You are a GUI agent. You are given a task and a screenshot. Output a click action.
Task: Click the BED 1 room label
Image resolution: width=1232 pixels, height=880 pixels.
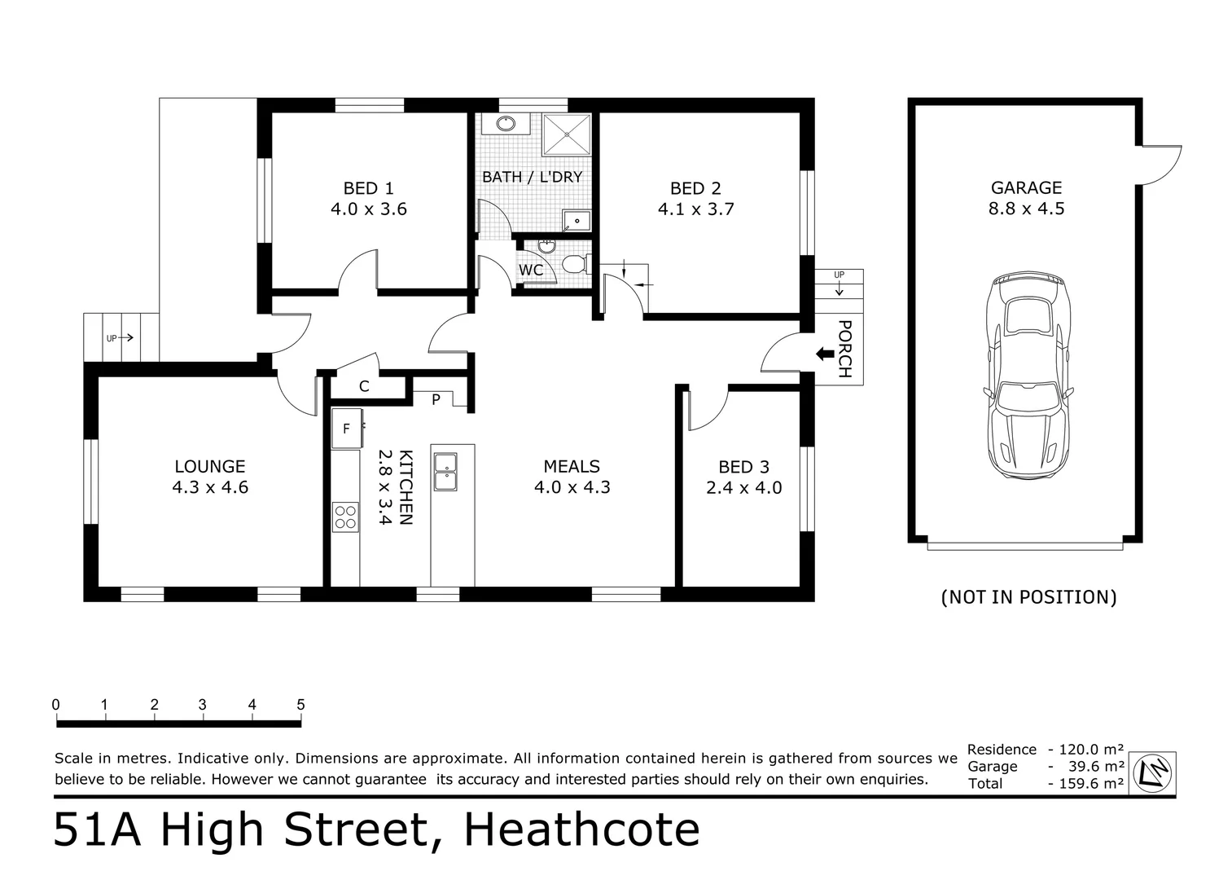368,188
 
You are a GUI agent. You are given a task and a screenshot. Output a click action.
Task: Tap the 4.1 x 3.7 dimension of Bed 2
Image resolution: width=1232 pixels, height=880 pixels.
695,209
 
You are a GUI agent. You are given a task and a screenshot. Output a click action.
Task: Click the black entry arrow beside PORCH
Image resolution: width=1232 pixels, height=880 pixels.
824,354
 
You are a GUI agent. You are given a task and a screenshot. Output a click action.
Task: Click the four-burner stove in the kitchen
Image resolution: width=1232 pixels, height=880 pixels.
345,517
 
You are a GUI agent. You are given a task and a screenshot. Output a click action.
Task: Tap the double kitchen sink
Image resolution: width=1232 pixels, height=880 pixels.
445,472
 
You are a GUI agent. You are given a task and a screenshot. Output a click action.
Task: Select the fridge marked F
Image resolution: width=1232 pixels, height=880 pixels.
346,429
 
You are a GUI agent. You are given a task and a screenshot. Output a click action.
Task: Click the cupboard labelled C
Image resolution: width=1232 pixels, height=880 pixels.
364,386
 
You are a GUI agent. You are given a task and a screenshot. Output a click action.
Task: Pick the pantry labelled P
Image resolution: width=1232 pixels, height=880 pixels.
436,399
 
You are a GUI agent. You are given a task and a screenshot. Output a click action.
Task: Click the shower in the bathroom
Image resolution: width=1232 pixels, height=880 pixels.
567,134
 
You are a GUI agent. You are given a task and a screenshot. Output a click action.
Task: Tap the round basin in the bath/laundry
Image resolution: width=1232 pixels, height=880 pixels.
506,124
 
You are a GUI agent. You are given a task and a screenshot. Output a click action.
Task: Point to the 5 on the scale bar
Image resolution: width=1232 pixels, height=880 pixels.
300,705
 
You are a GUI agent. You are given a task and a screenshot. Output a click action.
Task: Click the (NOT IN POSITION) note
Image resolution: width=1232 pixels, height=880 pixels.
1028,597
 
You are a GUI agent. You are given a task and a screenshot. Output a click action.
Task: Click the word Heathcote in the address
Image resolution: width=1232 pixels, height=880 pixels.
581,830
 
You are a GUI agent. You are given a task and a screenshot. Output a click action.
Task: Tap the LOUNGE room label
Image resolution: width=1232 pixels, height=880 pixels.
209,467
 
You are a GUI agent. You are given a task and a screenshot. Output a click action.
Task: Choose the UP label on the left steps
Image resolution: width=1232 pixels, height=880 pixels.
112,338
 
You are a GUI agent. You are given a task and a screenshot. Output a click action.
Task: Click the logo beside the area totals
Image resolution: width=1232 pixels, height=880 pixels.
1155,771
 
